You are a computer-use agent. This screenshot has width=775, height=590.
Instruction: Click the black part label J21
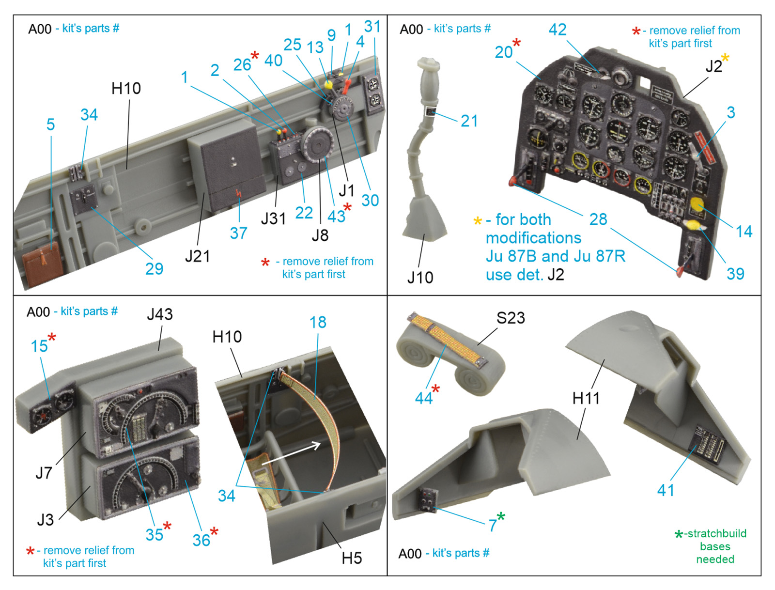pyautogui.click(x=198, y=256)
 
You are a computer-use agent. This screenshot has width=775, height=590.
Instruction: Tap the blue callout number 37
pyautogui.click(x=238, y=233)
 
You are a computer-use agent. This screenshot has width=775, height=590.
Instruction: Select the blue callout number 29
pyautogui.click(x=154, y=269)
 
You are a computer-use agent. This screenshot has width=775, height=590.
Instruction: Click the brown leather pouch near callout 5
pyautogui.click(x=42, y=264)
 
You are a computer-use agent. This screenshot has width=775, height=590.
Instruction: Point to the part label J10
pyautogui.click(x=420, y=278)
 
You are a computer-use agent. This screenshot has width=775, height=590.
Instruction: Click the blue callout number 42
pyautogui.click(x=557, y=30)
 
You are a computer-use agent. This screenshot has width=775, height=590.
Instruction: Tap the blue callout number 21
pyautogui.click(x=469, y=121)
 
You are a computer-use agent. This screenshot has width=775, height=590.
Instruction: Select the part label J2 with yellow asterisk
pyautogui.click(x=714, y=66)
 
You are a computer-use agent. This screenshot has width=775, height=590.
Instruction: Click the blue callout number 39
pyautogui.click(x=735, y=274)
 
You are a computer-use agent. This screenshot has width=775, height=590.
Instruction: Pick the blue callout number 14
pyautogui.click(x=744, y=232)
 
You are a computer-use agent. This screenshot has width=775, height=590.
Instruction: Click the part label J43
pyautogui.click(x=160, y=314)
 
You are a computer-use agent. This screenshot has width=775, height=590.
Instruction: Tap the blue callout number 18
pyautogui.click(x=318, y=322)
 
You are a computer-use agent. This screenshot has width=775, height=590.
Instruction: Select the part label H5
pyautogui.click(x=352, y=558)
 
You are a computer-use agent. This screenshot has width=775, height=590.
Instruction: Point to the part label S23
pyautogui.click(x=511, y=318)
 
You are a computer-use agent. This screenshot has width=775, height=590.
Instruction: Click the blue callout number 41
pyautogui.click(x=666, y=490)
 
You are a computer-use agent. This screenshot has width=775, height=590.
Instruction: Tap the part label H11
pyautogui.click(x=586, y=398)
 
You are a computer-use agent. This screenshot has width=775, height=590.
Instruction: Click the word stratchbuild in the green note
pyautogui.click(x=717, y=533)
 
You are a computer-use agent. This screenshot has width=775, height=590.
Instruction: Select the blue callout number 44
pyautogui.click(x=423, y=398)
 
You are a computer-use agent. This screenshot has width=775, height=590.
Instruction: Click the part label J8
pyautogui.click(x=320, y=235)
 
